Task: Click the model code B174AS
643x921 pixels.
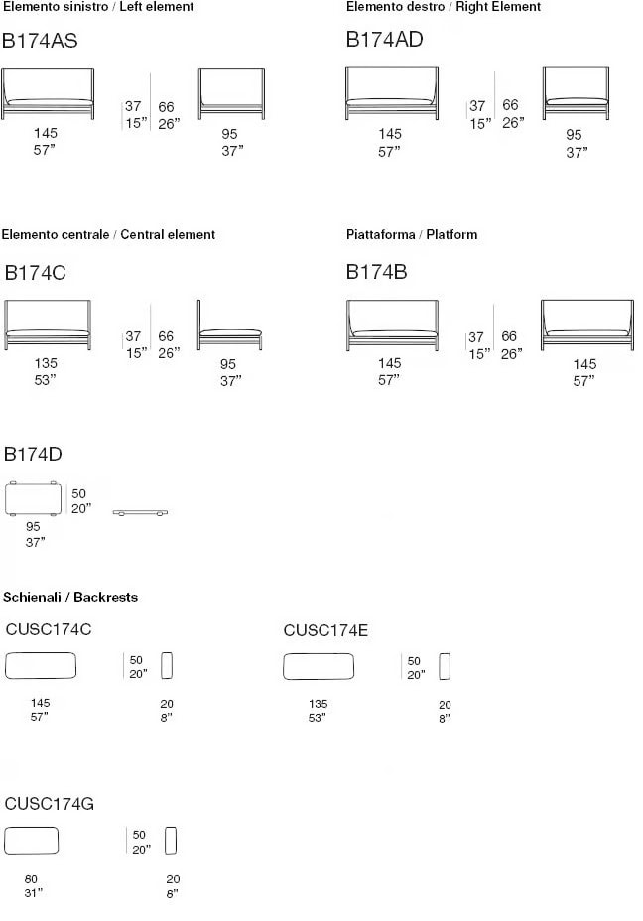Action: pos(40,41)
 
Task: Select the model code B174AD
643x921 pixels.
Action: pos(385,40)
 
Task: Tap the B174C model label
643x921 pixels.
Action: pos(36,273)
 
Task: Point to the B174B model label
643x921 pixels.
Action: pos(376,272)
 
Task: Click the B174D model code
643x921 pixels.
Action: pos(33,454)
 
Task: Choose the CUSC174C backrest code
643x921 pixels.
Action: pos(49,629)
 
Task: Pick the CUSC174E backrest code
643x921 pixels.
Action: pos(325,631)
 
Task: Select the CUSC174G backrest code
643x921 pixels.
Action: pos(50,804)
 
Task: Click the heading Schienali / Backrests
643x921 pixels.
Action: pos(70,597)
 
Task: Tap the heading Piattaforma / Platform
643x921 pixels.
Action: pos(412,235)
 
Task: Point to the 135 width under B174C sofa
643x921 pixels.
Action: pos(46,363)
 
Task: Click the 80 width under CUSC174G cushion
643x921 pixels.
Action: pos(31,879)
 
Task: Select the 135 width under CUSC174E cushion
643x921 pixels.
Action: pos(318,703)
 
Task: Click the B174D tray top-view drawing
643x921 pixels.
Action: pos(33,499)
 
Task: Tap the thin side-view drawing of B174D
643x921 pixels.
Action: pos(140,513)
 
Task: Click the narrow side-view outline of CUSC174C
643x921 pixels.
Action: pos(167,666)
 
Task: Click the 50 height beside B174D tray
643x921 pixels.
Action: pos(78,494)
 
